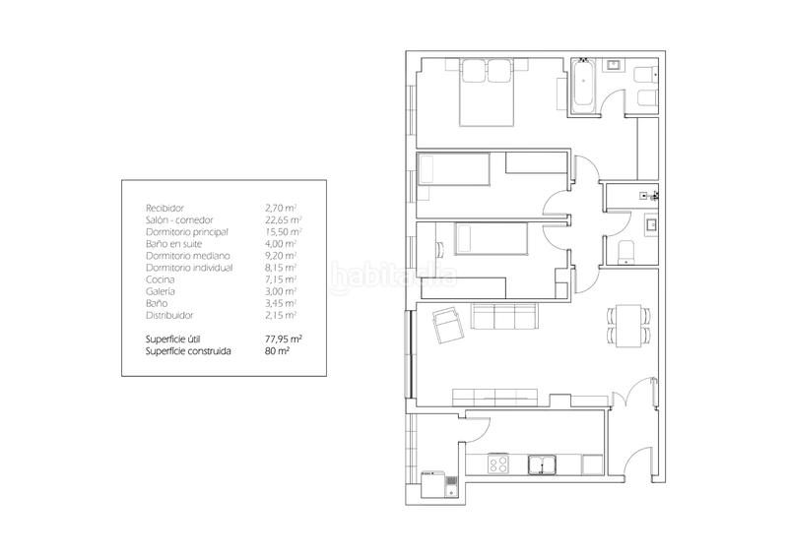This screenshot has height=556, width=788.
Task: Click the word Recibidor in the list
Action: click(x=164, y=208)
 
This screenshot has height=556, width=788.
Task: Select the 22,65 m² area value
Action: click(x=283, y=220)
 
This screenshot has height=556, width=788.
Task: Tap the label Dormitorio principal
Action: click(x=187, y=232)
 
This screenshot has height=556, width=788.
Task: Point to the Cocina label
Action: click(x=161, y=279)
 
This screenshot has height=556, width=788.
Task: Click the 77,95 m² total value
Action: click(x=284, y=340)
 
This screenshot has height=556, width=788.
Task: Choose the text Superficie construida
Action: click(x=188, y=351)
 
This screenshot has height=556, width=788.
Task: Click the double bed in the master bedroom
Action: click(x=487, y=92)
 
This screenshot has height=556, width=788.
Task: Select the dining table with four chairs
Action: click(x=628, y=326)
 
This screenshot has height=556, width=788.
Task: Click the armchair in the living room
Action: click(x=448, y=326)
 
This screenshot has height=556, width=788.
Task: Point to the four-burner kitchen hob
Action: click(x=498, y=463)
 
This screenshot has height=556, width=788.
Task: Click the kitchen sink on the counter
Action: click(x=542, y=464)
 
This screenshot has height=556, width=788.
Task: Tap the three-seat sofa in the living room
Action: click(x=504, y=316)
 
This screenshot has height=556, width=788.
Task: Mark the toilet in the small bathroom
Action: click(x=625, y=252)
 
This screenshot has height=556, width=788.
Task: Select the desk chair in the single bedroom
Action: click(x=438, y=248)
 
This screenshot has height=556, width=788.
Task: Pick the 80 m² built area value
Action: click(x=277, y=351)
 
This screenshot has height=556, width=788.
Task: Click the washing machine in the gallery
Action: click(x=433, y=483)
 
